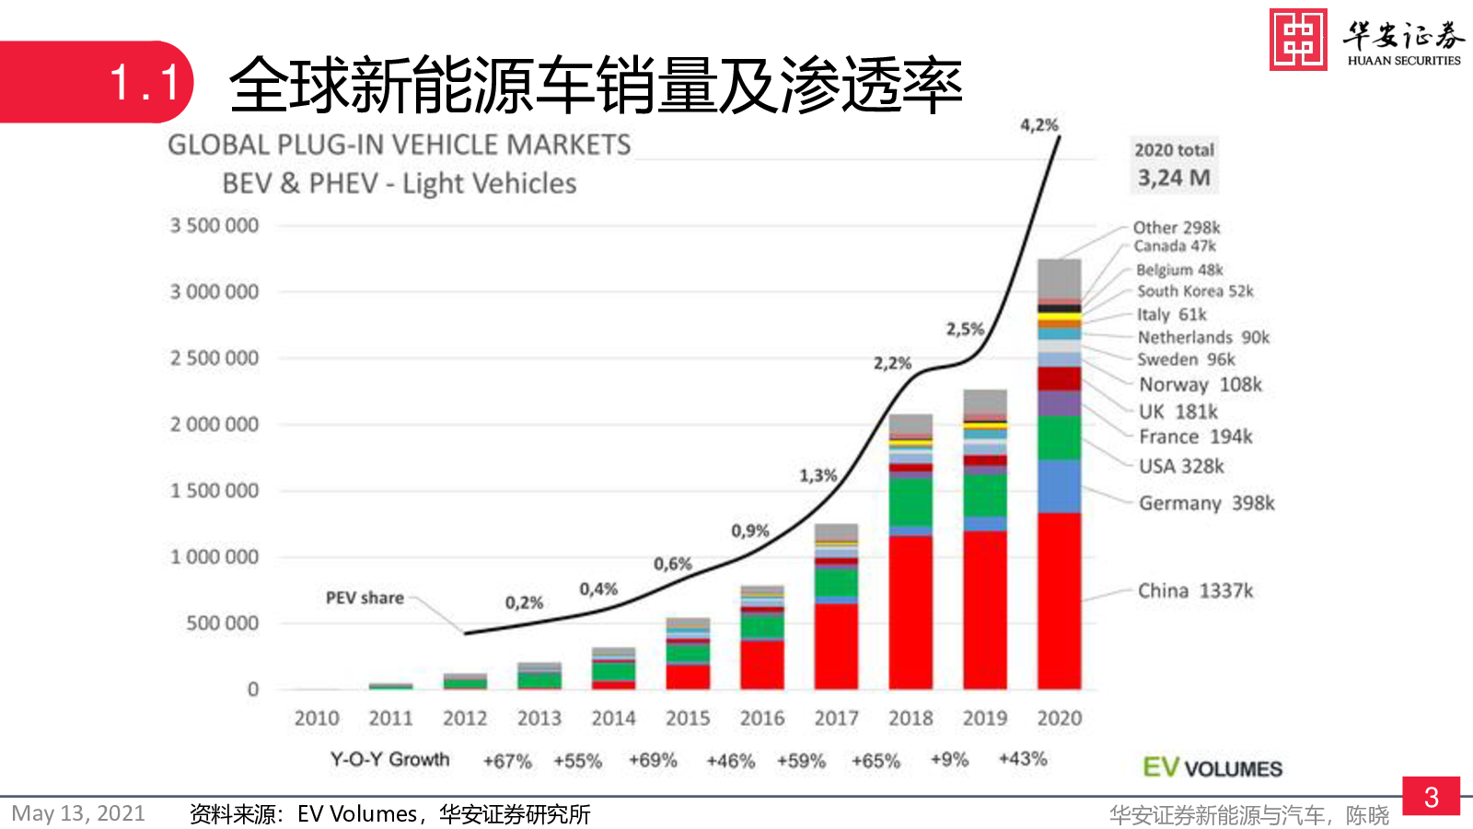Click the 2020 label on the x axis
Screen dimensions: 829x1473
pos(1059,718)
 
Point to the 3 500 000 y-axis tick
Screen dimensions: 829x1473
pos(215,226)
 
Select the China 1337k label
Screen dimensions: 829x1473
pos(1195,590)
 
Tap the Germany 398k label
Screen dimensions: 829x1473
pos(1206,503)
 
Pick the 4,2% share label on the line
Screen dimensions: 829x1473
pos(1038,125)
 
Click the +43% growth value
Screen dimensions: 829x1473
pos(1023,759)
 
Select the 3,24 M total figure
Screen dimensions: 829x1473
pos(1174,178)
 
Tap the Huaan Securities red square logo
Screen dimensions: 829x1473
pos(1298,40)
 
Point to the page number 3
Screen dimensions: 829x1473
pos(1431,797)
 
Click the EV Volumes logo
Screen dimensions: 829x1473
pos(1212,768)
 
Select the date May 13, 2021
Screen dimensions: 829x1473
pos(78,813)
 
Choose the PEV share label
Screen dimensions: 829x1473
pos(365,598)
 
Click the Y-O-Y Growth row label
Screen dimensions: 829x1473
pos(389,760)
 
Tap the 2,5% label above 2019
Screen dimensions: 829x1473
pos(965,329)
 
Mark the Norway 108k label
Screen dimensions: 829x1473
pos(1200,385)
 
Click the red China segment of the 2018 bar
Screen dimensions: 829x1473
pos(910,612)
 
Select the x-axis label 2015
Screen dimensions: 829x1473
pos(688,718)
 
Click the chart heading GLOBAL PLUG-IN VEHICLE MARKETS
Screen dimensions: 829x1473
pos(400,145)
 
